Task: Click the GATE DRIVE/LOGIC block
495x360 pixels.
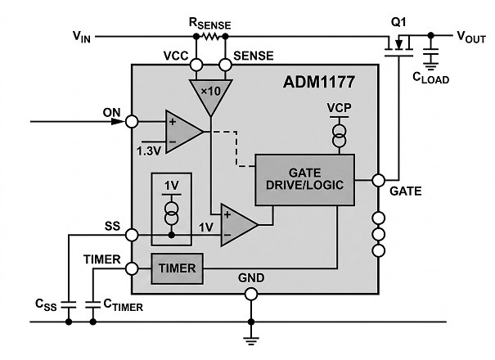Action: [304, 180]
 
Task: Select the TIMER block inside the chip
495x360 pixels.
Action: [177, 268]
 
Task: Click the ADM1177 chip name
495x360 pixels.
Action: [319, 82]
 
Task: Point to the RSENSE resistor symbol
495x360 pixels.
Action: [210, 37]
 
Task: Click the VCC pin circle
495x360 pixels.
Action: [196, 65]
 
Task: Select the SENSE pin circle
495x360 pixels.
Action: [225, 65]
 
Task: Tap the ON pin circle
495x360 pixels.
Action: [132, 122]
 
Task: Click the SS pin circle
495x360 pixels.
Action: [132, 235]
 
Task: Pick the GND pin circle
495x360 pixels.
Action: [251, 294]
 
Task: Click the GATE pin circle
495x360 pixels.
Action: [379, 180]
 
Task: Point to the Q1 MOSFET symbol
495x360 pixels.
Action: [398, 46]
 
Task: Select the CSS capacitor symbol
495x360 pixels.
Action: [69, 304]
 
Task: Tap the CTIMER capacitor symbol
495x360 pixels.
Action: [92, 304]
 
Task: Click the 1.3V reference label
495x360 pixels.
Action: [148, 151]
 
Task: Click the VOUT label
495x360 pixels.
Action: [471, 37]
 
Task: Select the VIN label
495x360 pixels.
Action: [82, 37]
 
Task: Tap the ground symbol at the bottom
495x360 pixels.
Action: [251, 340]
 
